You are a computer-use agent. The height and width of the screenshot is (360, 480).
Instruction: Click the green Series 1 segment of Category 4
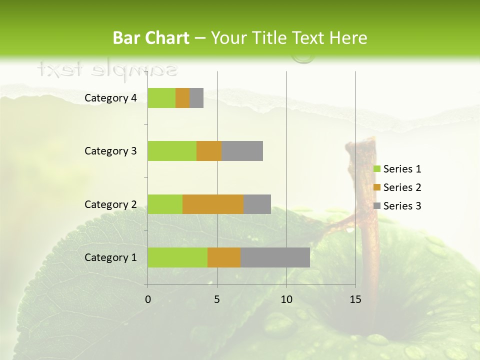pos(161,98)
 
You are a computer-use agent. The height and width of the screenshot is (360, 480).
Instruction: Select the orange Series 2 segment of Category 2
pos(213,204)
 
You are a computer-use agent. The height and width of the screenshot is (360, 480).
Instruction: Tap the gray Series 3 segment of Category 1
pos(275,257)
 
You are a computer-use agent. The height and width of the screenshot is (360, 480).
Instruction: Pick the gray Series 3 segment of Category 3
pos(242,151)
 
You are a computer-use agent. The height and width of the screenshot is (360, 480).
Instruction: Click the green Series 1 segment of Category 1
pos(177,257)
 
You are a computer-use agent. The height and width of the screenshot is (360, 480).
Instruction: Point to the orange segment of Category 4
pos(182,98)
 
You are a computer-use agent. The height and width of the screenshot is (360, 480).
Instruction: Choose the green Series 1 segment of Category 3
pos(172,151)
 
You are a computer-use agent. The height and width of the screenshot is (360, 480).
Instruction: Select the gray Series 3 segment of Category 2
pos(257,204)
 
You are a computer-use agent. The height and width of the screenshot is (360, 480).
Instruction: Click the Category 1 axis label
pos(110,257)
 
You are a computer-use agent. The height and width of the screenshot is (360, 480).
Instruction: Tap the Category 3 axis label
pos(110,151)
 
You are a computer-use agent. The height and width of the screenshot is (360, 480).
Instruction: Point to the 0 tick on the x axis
pos(148,299)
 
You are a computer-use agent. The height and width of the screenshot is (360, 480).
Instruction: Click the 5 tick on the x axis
pos(217,299)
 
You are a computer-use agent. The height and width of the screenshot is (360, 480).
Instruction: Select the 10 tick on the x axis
pos(286,299)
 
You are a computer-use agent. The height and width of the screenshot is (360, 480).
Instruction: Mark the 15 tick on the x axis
pos(355,299)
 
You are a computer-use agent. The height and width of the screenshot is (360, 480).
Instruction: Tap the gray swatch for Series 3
pos(376,206)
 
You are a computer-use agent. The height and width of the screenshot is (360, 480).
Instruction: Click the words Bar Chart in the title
pos(151,38)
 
